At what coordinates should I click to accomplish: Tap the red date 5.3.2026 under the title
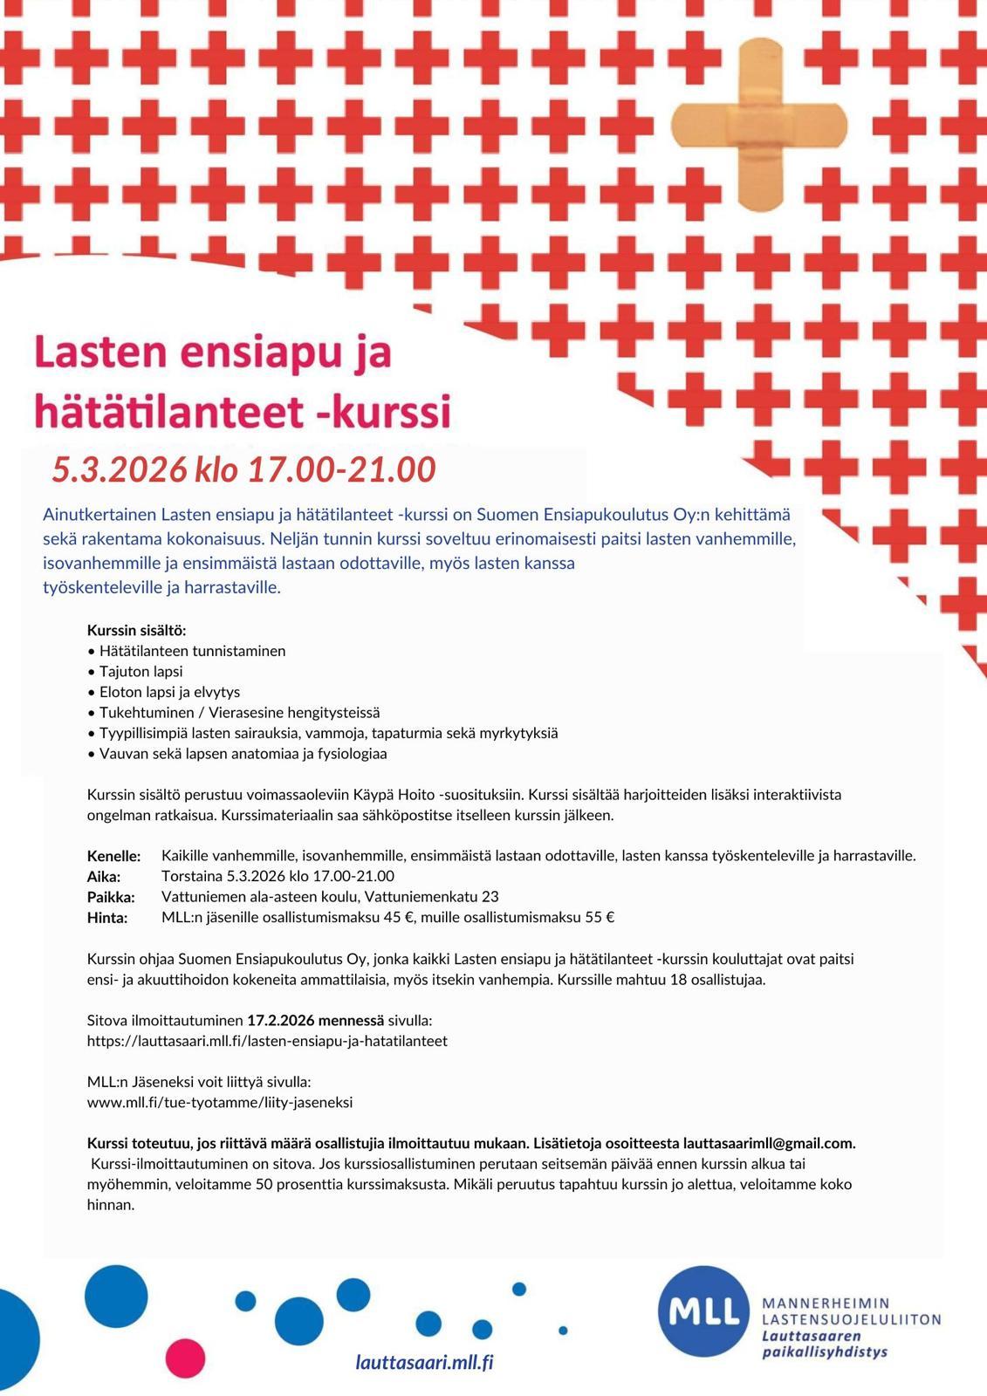pos(120,470)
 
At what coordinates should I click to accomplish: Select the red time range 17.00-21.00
pos(341,470)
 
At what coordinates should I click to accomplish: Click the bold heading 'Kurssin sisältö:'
pos(137,630)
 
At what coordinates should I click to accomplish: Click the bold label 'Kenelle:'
pos(113,856)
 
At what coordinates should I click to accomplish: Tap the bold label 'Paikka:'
pos(111,897)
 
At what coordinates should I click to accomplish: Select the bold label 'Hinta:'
pos(107,918)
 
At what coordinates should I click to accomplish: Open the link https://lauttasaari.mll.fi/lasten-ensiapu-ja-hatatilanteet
pos(267,1041)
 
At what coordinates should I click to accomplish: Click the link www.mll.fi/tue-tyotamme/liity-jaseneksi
pos(220,1102)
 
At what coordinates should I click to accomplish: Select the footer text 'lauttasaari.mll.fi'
pos(424,1363)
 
